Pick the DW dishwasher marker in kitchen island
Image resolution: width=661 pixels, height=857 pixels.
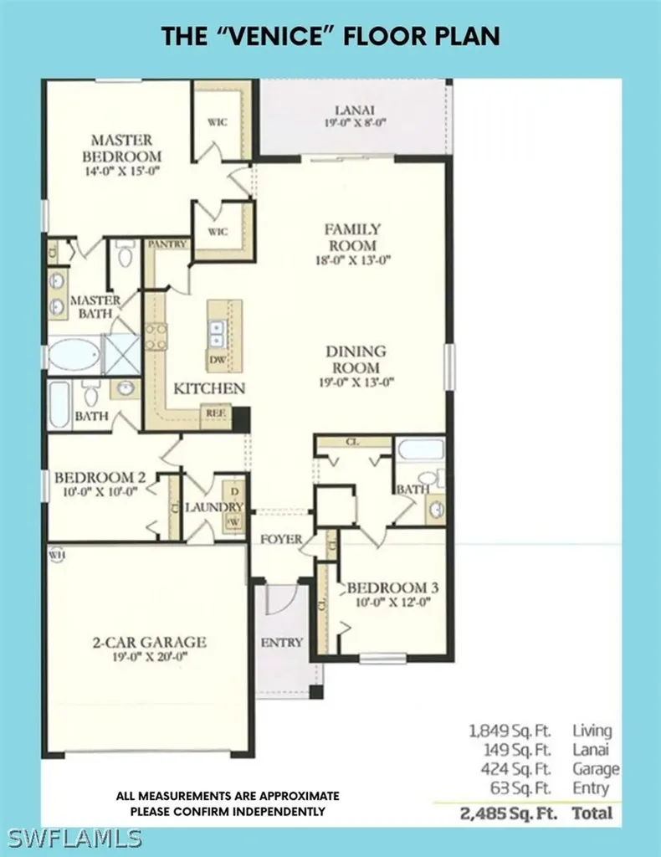pos(217,360)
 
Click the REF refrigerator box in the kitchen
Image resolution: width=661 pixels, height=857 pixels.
pos(214,413)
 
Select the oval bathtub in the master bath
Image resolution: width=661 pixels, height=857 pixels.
pos(74,356)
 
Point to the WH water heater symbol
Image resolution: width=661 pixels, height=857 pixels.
pos(56,553)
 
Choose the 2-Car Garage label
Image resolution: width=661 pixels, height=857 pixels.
pos(148,643)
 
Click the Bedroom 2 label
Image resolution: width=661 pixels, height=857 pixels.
pos(100,478)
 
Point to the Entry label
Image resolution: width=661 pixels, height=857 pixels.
pos(281,643)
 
